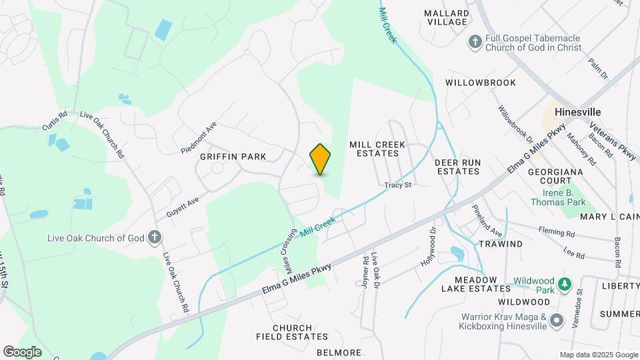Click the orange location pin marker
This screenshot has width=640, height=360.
[x=321, y=159]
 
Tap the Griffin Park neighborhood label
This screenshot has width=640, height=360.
[x=233, y=157]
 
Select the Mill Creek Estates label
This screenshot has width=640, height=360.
[x=374, y=149]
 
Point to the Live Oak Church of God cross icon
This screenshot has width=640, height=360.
[x=155, y=237]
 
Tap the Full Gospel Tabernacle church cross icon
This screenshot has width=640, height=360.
[x=475, y=42]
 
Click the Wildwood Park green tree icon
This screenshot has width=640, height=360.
[x=564, y=285]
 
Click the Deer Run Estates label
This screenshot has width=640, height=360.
[x=458, y=167]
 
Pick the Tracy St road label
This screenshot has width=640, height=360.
[x=397, y=185]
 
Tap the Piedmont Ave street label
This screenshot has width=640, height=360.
[x=199, y=138]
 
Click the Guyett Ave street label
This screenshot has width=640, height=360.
[x=183, y=206]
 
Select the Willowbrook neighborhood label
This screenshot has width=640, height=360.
[x=481, y=83]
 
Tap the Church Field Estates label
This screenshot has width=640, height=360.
[x=284, y=333]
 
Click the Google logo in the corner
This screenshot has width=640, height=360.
[x=22, y=351]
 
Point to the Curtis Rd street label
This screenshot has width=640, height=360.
[x=55, y=119]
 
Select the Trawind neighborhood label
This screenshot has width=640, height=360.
[x=501, y=244]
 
